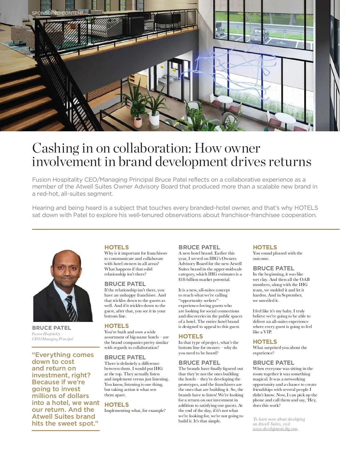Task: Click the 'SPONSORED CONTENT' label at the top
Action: pyautogui.click(x=58, y=13)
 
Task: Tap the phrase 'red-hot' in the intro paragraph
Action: pyautogui.click(x=47, y=194)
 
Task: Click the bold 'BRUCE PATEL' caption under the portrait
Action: pyautogui.click(x=52, y=328)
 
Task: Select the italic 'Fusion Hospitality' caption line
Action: pyautogui.click(x=46, y=334)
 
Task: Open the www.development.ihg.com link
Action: pyautogui.click(x=275, y=429)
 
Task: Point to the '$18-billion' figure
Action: pyautogui.click(x=188, y=280)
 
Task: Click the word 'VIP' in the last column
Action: pyautogui.click(x=267, y=332)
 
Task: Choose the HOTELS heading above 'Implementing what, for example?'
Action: pyautogui.click(x=116, y=405)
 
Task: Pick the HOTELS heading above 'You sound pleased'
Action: pyautogui.click(x=265, y=247)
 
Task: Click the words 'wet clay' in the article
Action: pyautogui.click(x=260, y=280)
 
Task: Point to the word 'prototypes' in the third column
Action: pyautogui.click(x=188, y=385)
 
